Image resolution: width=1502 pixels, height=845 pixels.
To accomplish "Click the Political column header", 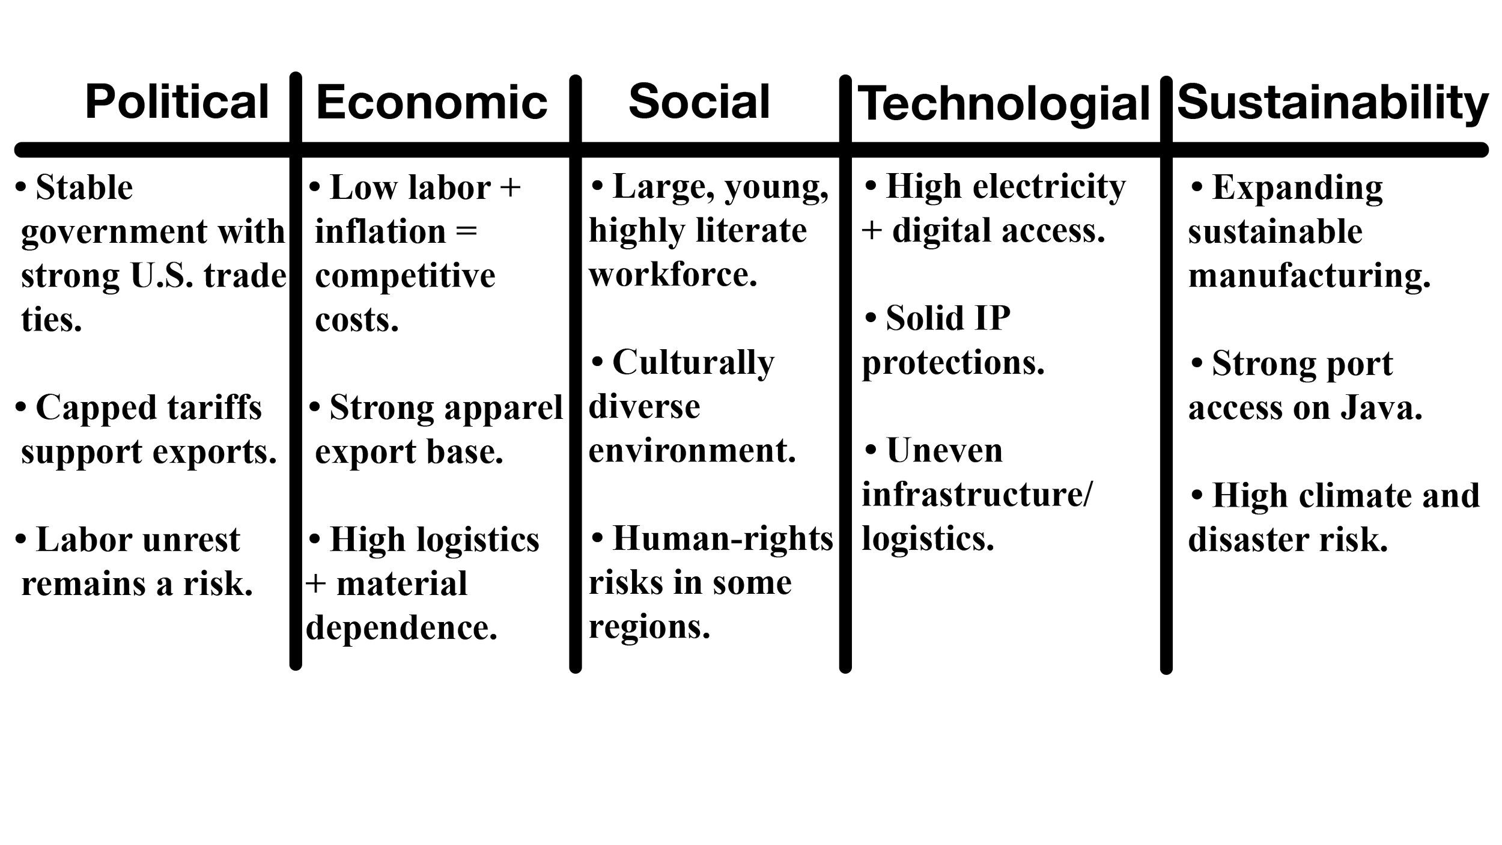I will [x=177, y=102].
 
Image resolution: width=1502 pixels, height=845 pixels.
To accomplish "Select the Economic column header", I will [x=431, y=102].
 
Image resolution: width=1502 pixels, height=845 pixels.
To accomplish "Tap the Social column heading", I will [x=699, y=102].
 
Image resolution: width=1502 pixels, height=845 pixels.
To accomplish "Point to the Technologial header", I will [x=1004, y=104].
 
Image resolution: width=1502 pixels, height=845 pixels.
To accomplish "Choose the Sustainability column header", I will [x=1332, y=103].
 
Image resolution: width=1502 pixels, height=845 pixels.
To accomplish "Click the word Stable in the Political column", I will [x=84, y=188].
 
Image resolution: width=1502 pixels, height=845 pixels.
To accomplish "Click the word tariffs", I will [x=214, y=408].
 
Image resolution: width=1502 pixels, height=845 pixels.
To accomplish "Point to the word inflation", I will [x=380, y=232].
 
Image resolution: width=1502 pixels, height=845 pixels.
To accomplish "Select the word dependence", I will [x=401, y=628].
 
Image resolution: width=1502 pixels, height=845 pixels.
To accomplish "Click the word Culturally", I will [x=693, y=363].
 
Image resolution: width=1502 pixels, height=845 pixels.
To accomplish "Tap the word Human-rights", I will [x=723, y=538].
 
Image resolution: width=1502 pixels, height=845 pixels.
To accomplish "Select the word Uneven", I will [x=944, y=451].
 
